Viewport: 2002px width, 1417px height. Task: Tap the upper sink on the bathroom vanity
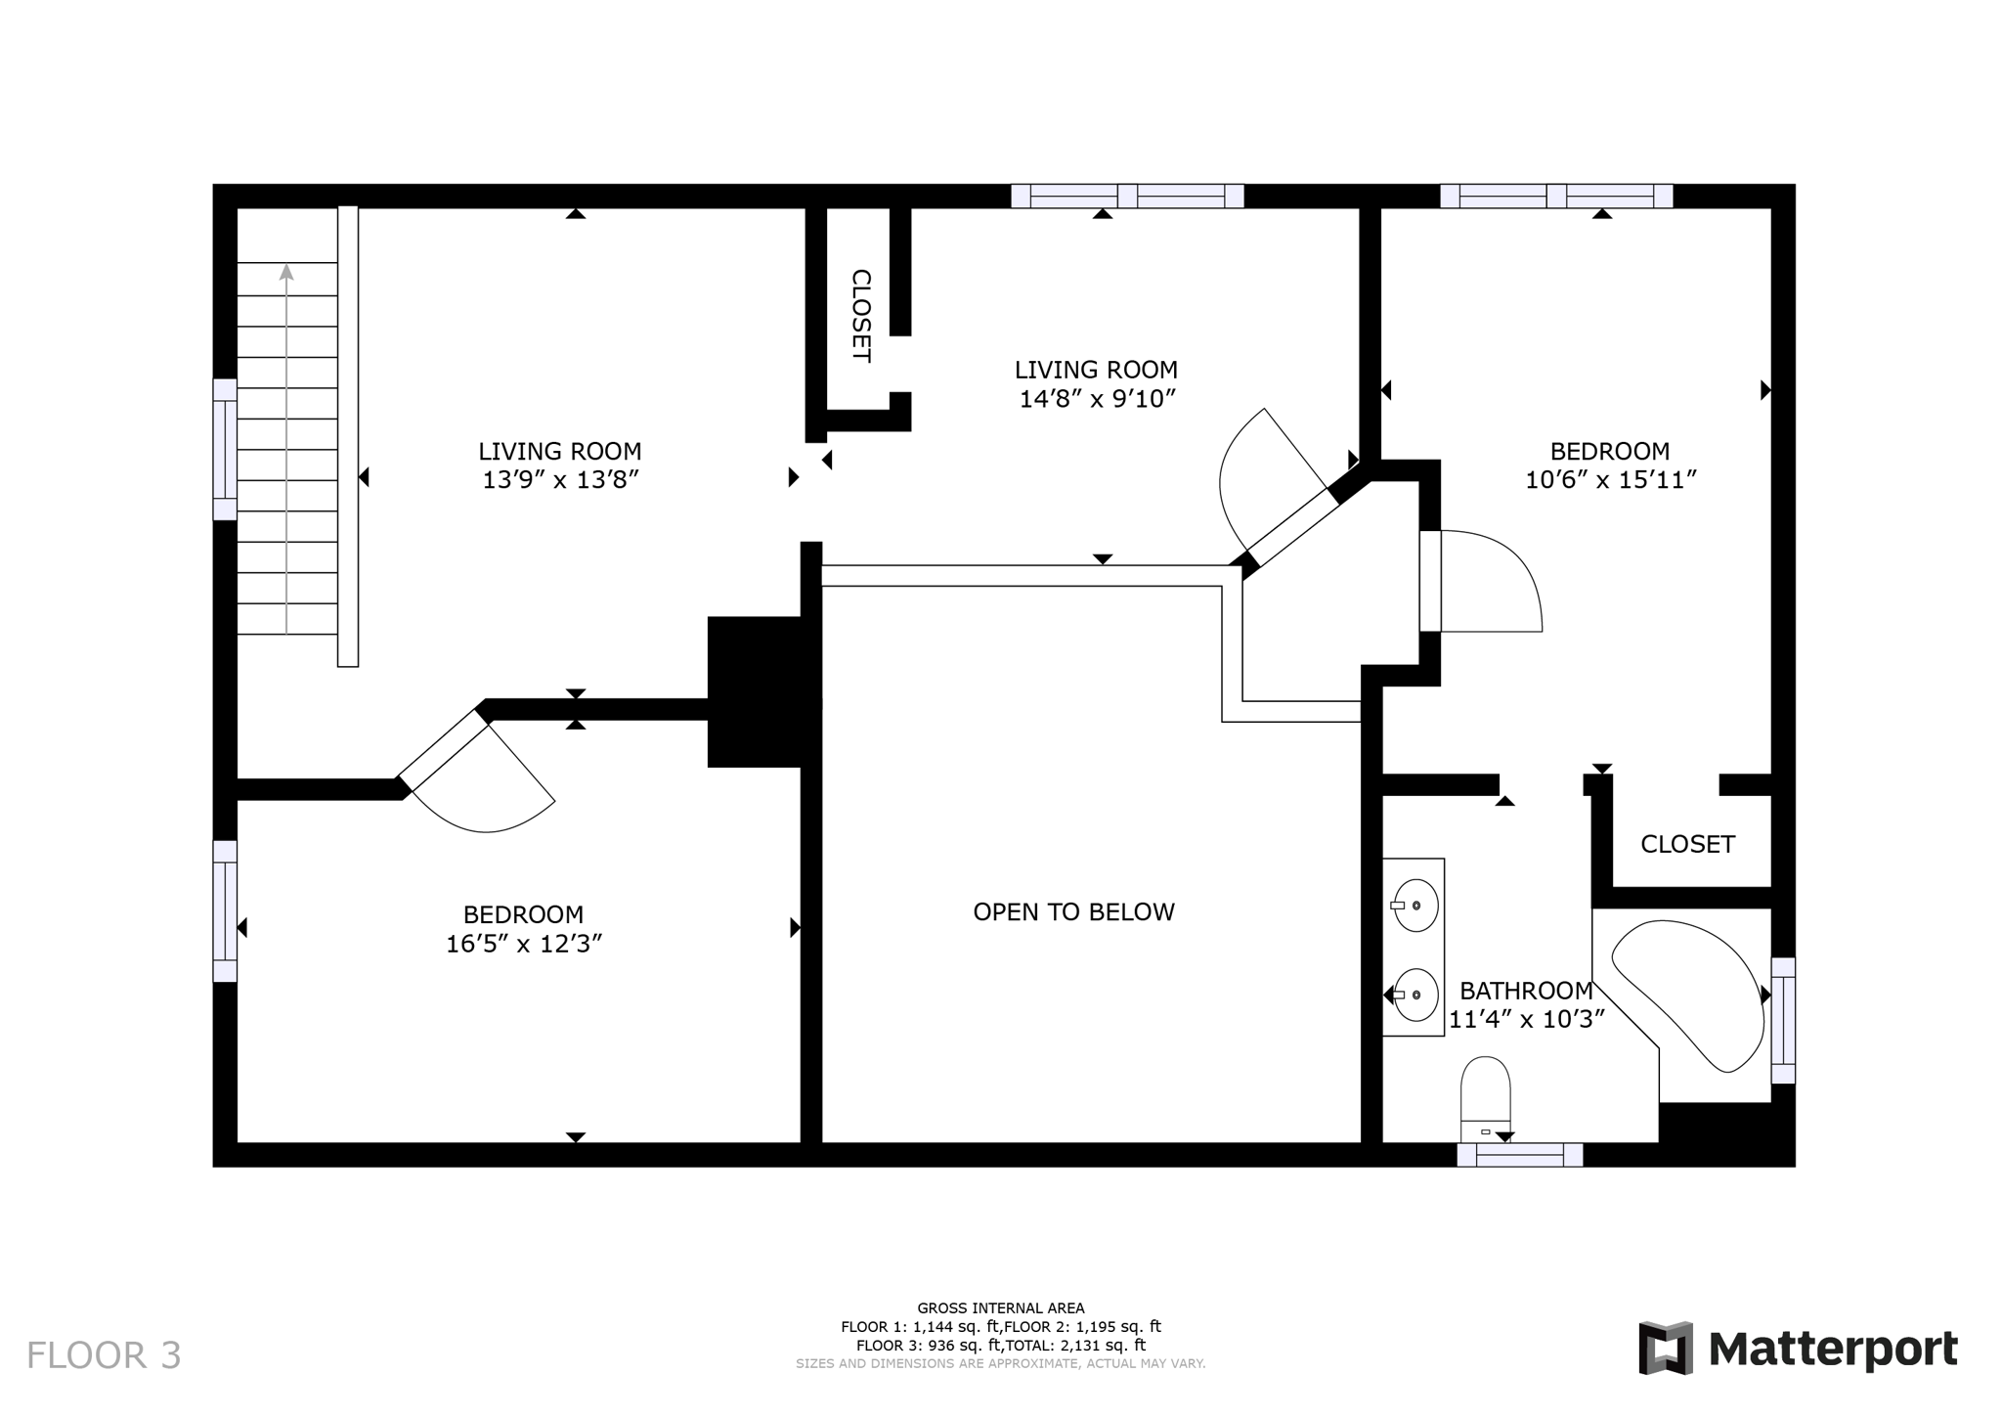tap(1414, 905)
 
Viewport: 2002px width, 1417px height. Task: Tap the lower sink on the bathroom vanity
tap(1414, 995)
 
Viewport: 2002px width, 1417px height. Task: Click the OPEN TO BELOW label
tap(1073, 911)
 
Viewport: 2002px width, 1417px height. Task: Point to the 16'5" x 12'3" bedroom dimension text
tap(523, 944)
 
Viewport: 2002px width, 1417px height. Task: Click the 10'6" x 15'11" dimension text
tap(1610, 480)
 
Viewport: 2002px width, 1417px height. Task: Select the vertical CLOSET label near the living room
tap(860, 316)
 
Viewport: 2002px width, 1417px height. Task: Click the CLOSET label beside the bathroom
tap(1687, 844)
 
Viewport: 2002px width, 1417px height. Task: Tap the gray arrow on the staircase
tap(286, 273)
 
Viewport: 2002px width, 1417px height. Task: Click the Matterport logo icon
tap(1666, 1348)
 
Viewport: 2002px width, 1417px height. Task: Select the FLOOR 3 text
tap(104, 1355)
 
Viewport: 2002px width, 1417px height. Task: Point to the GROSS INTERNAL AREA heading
tap(1000, 1307)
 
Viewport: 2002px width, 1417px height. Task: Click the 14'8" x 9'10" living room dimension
tap(1096, 399)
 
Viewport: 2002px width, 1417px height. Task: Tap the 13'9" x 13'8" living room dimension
tap(559, 480)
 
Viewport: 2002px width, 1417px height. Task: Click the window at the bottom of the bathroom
tap(1519, 1155)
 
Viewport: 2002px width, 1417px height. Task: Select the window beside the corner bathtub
tap(1783, 1020)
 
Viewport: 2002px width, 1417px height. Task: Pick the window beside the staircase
tap(225, 449)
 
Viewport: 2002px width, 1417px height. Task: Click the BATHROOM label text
tap(1526, 990)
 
